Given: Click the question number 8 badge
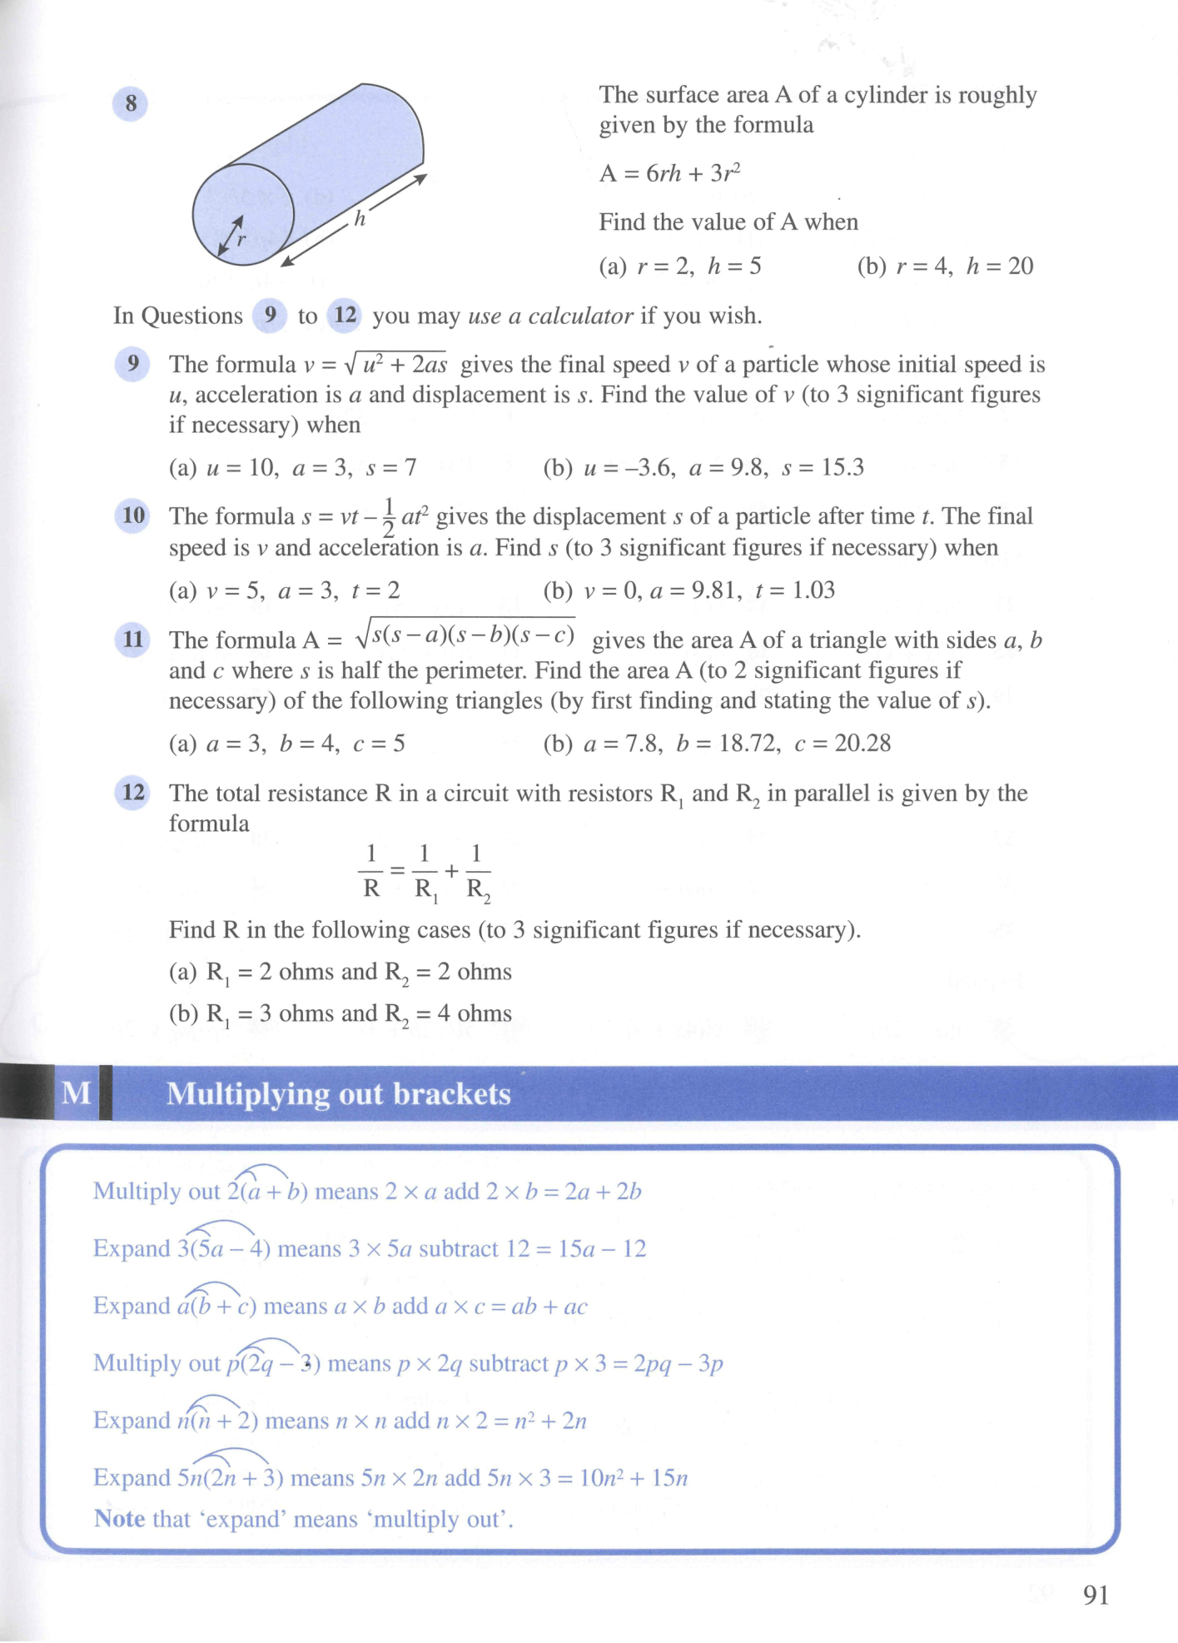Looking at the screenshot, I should [130, 104].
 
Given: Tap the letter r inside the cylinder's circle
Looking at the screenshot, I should [241, 240].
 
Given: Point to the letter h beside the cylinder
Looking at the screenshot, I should [360, 219].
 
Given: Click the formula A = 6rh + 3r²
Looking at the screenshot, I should [669, 173].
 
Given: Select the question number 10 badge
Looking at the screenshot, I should [133, 515].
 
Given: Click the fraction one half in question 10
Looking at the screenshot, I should [388, 518].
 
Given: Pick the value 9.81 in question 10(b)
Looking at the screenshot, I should [709, 590].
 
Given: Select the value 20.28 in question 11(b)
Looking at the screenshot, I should [862, 743].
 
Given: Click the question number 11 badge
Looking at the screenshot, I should [133, 640].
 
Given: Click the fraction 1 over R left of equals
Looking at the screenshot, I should [371, 871].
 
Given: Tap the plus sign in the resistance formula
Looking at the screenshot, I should [451, 871].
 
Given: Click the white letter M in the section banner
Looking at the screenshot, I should [77, 1093].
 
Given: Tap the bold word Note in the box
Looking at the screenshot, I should [120, 1518].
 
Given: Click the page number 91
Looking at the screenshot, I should [1096, 1595].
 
